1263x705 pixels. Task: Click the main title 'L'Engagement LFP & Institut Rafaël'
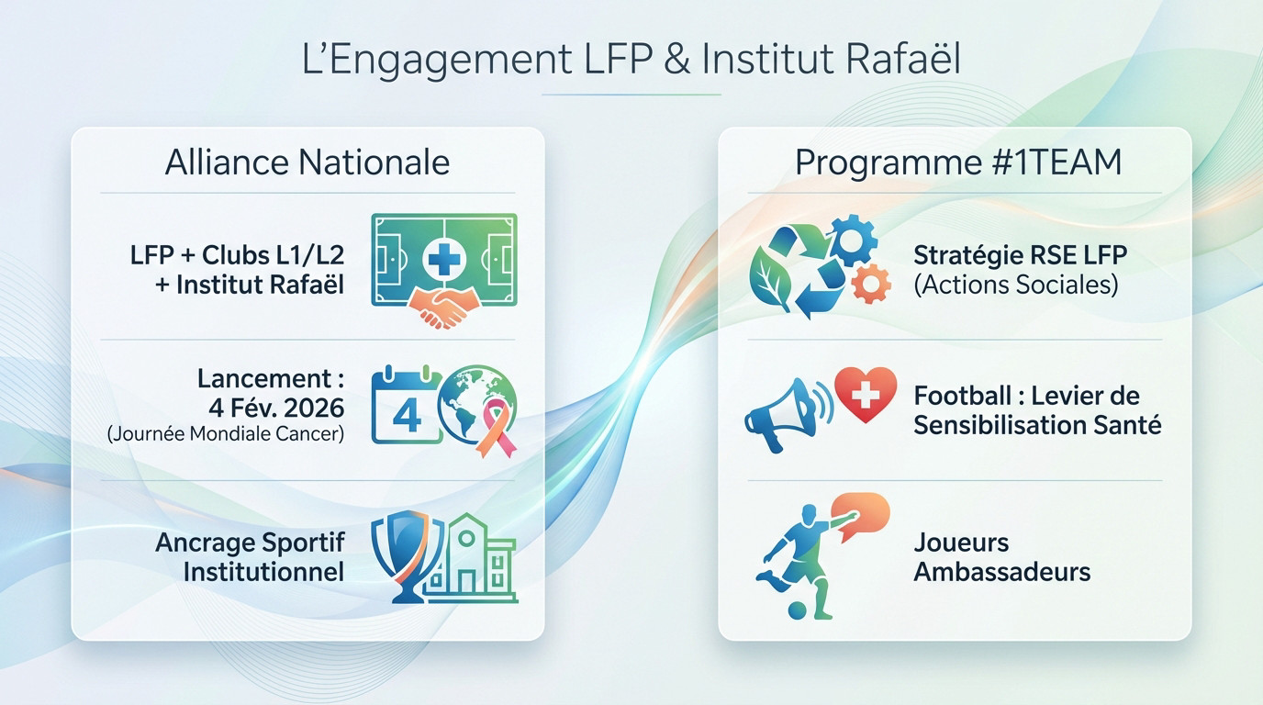click(631, 60)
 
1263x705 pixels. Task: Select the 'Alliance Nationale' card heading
click(307, 162)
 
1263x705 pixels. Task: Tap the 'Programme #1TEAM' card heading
click(958, 162)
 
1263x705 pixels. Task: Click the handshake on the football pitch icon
click(443, 309)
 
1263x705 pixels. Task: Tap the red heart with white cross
click(865, 395)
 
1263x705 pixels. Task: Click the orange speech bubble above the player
click(860, 514)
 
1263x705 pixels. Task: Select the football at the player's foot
click(798, 610)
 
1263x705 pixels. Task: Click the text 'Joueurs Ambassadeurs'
click(1001, 557)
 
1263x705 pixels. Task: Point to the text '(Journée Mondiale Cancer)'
click(226, 434)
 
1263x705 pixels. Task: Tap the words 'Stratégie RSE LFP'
click(1020, 254)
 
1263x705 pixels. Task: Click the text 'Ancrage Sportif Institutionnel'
click(250, 556)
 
